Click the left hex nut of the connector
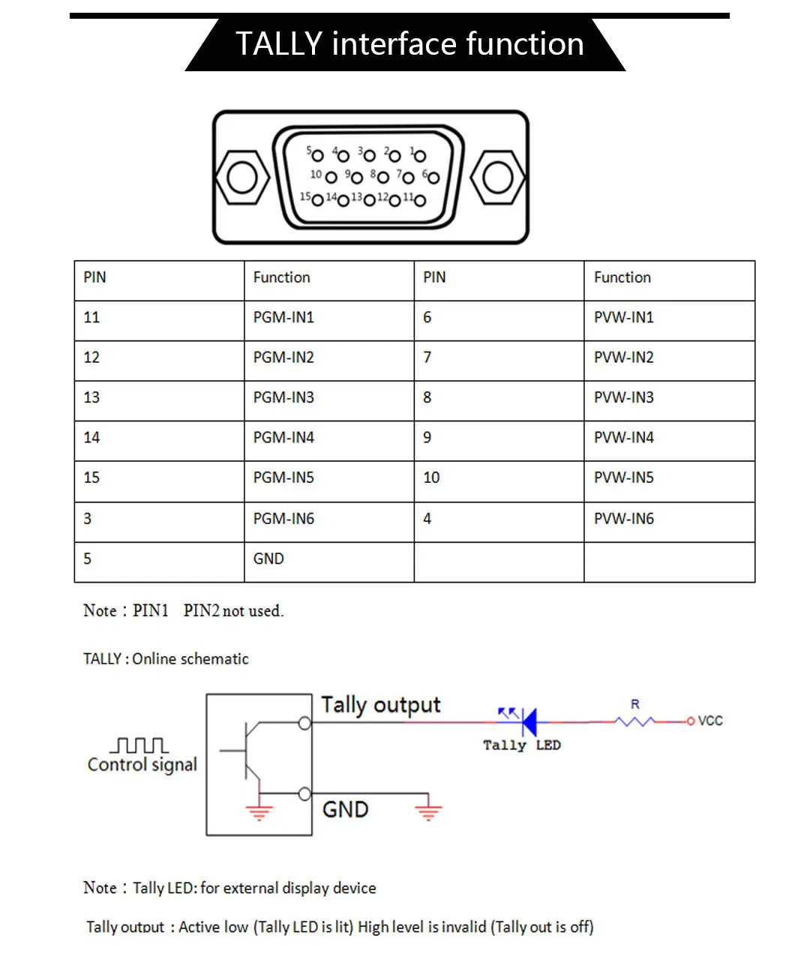coord(242,178)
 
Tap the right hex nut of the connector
coord(497,178)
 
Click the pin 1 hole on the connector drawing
coord(419,156)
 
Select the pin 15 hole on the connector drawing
coord(317,200)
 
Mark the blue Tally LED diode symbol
coord(529,721)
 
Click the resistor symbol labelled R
coord(634,721)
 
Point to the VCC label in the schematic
coord(709,721)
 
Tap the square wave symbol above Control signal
coord(139,745)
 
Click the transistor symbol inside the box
coord(250,751)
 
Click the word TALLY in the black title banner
coord(279,44)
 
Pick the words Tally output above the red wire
coord(380,706)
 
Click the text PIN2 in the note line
coord(201,611)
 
